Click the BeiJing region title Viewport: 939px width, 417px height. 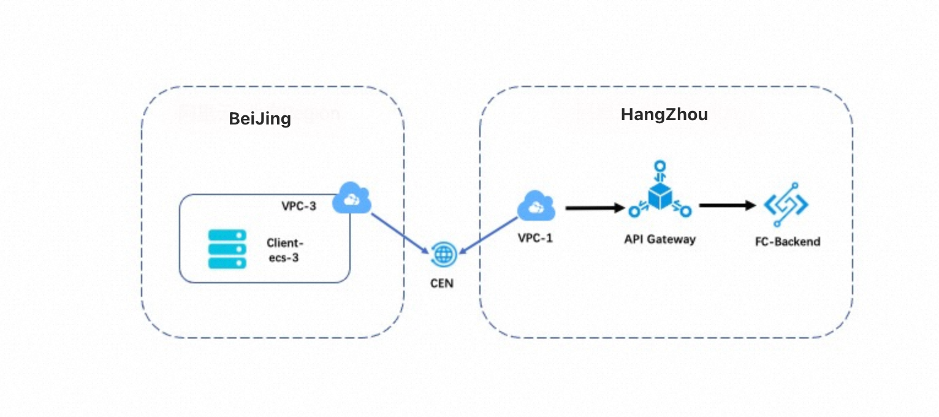[260, 119]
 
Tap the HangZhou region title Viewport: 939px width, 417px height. [664, 115]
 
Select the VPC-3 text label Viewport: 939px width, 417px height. [299, 206]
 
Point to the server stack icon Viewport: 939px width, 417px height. [227, 248]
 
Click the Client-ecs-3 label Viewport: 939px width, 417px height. [285, 250]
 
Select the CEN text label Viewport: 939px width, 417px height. [441, 284]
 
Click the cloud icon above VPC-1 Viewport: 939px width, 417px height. [536, 207]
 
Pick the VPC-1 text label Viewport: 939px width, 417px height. [535, 237]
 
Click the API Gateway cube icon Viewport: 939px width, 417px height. [659, 196]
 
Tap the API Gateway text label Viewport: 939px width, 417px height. [659, 239]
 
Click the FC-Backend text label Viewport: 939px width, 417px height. [788, 242]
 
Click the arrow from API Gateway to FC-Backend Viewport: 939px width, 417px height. [727, 205]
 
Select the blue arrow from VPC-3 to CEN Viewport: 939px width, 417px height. [400, 233]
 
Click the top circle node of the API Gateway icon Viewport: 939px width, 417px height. [659, 166]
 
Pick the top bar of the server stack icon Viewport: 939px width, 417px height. [227, 235]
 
